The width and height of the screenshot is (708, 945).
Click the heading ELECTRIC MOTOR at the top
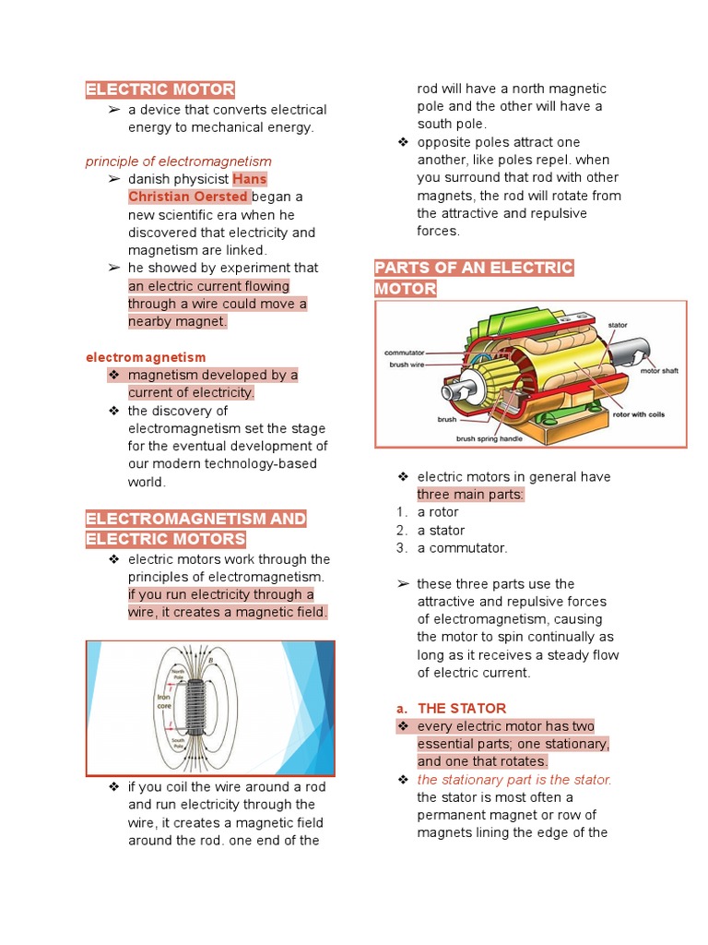pos(159,90)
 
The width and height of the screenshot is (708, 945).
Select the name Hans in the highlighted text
pos(250,178)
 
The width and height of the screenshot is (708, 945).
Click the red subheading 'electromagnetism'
pos(146,357)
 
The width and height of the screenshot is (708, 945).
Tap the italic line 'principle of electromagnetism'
pos(178,161)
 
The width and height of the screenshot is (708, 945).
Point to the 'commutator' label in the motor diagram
pos(404,353)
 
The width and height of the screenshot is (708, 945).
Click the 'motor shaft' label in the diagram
pos(659,370)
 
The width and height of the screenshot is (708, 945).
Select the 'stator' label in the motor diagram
pos(618,325)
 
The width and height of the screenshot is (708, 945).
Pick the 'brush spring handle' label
pos(489,438)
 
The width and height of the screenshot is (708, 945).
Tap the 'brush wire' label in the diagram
pos(407,364)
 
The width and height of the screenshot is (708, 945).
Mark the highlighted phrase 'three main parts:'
pos(470,495)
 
